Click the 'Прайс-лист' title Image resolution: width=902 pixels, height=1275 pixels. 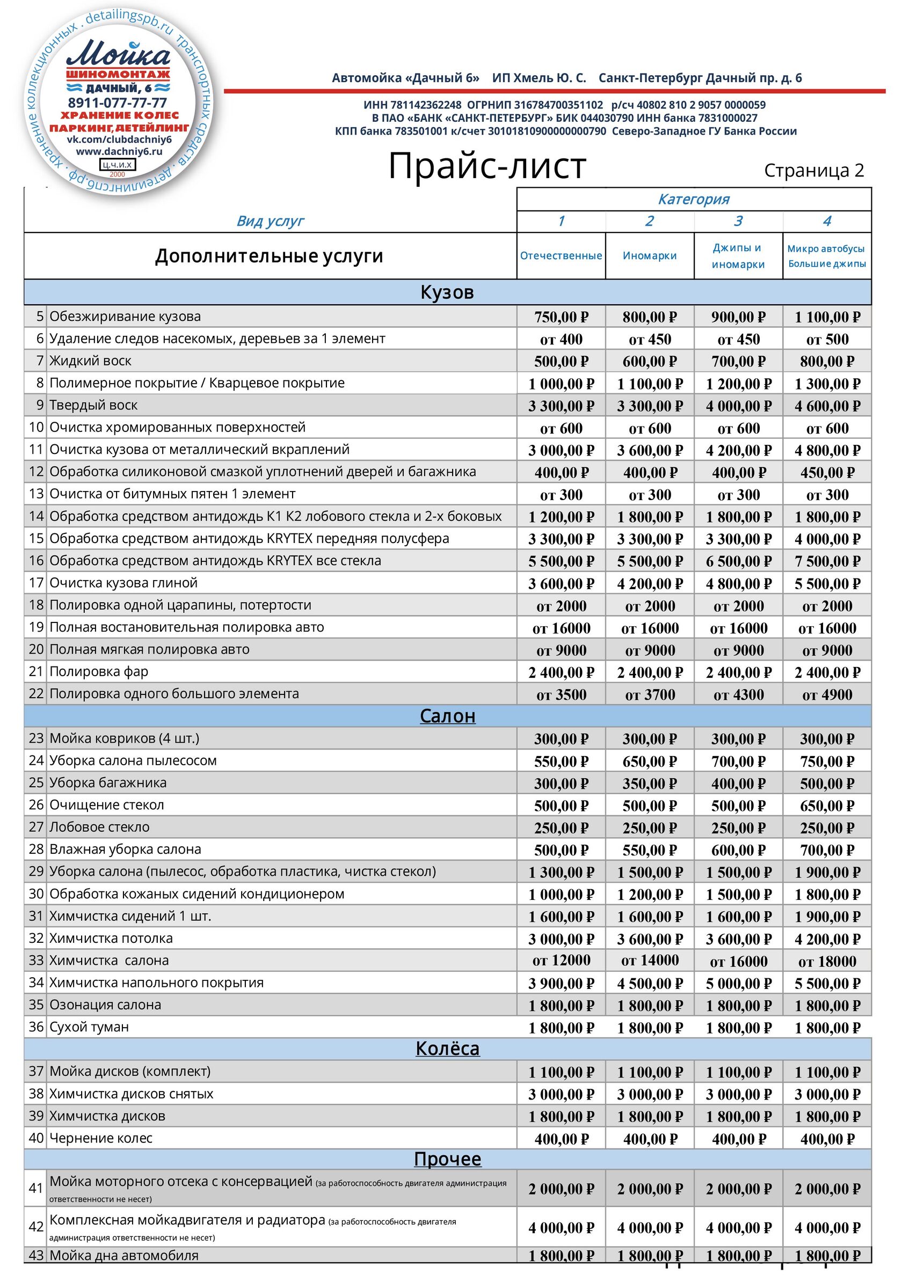[487, 166]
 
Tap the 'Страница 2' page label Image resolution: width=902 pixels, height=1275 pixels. [813, 171]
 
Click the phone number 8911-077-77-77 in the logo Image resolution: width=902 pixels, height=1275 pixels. [117, 102]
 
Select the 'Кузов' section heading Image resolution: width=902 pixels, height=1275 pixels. [447, 292]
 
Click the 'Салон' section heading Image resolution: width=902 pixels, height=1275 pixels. [447, 716]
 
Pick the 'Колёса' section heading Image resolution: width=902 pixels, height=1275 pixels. [447, 1049]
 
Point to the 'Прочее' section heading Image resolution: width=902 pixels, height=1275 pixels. [447, 1159]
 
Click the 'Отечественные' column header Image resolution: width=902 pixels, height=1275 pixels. [561, 256]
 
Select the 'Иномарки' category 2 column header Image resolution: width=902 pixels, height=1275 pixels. [649, 256]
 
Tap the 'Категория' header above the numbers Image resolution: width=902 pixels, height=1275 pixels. [694, 200]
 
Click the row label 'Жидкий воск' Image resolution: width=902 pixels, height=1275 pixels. [91, 361]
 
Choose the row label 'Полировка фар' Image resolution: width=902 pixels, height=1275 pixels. [99, 671]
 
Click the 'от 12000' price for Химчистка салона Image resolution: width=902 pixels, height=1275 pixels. [561, 960]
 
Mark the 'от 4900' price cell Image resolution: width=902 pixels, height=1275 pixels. [827, 694]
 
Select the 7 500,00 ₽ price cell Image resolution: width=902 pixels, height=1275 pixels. [827, 561]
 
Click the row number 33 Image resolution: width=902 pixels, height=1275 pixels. [36, 960]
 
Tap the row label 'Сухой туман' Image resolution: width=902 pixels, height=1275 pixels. [89, 1027]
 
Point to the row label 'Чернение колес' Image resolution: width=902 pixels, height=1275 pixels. [100, 1138]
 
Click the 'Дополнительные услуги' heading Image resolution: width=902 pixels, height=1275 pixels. [269, 256]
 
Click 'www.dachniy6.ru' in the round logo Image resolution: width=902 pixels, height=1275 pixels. [119, 151]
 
